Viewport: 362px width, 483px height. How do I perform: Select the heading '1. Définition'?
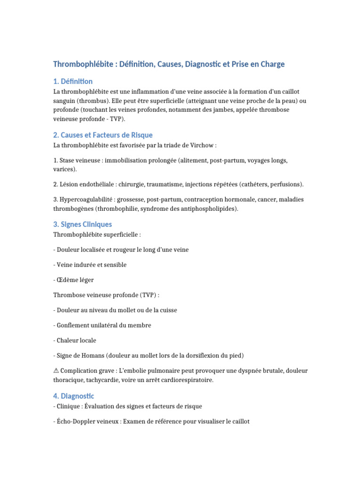pyautogui.click(x=73, y=82)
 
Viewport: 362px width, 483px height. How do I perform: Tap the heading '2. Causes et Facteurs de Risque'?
pyautogui.click(x=103, y=135)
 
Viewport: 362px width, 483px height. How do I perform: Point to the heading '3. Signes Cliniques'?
pyautogui.click(x=82, y=224)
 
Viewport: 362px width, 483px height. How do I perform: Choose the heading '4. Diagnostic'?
pyautogui.click(x=74, y=396)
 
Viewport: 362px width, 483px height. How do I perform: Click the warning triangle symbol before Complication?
pyautogui.click(x=56, y=371)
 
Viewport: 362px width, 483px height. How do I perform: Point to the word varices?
pyautogui.click(x=64, y=169)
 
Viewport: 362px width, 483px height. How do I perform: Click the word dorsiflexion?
pyautogui.click(x=206, y=355)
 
